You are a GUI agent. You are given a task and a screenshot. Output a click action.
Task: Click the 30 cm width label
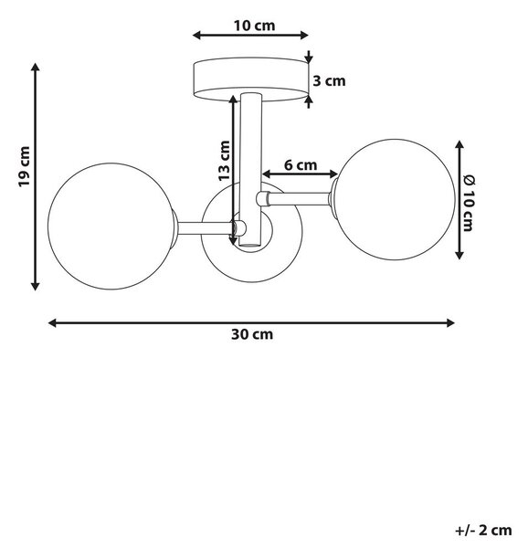[252, 335]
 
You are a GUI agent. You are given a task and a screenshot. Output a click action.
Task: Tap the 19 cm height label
[25, 166]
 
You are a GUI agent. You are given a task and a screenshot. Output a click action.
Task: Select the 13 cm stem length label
[224, 161]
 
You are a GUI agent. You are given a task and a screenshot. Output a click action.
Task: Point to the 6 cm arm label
[301, 165]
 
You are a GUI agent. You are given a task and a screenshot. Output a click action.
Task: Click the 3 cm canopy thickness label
[329, 81]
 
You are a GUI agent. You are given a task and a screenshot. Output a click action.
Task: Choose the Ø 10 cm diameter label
[469, 203]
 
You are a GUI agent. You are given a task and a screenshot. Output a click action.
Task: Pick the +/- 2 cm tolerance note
[483, 530]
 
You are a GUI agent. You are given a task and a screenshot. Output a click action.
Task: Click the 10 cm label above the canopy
[254, 26]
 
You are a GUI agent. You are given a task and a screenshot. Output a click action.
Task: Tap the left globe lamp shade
[111, 227]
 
